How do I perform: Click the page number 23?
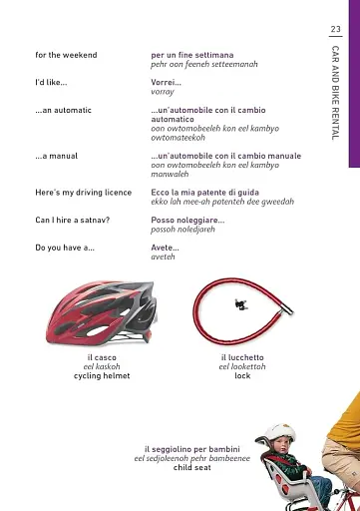coord(335,28)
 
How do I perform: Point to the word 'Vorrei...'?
coord(166,82)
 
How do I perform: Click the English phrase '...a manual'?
coord(56,157)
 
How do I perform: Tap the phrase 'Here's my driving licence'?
coord(82,192)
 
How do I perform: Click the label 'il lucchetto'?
coord(242,357)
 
